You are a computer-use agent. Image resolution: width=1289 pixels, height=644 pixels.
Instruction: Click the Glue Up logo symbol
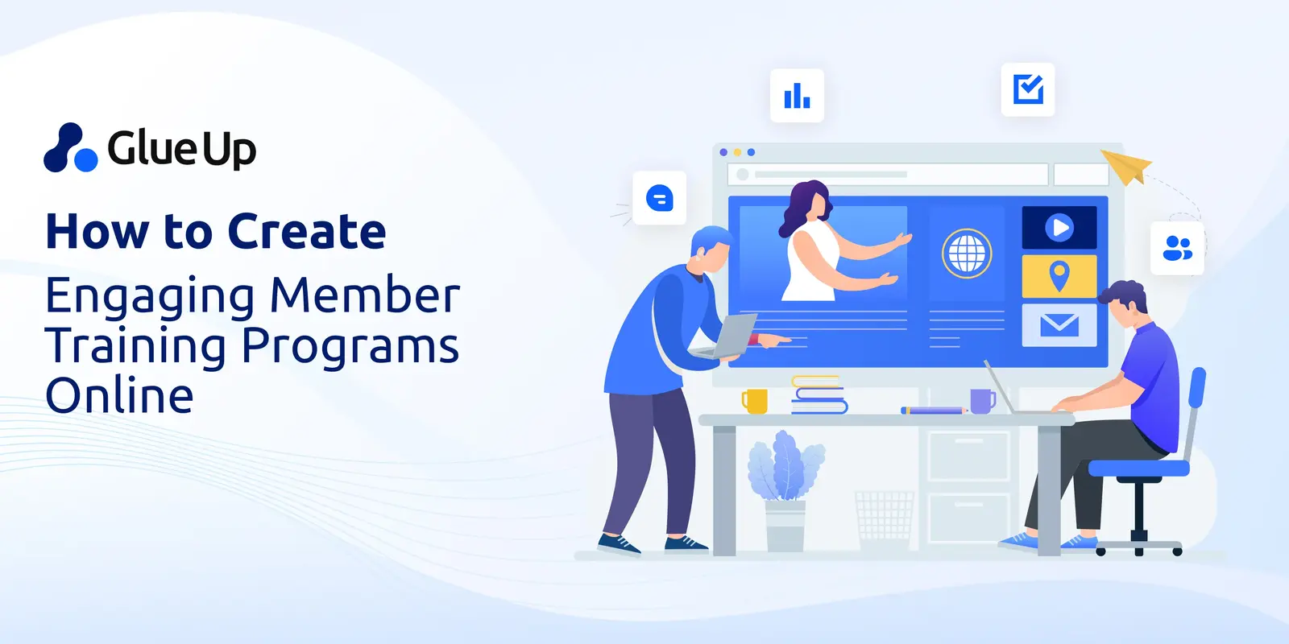click(x=71, y=148)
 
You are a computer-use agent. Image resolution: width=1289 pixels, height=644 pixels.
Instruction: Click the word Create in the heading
click(x=307, y=232)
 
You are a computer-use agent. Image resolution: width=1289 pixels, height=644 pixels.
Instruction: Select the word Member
click(x=365, y=295)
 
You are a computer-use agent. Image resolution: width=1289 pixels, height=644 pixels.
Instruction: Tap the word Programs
click(x=350, y=346)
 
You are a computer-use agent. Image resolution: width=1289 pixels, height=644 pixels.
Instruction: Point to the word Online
click(x=119, y=396)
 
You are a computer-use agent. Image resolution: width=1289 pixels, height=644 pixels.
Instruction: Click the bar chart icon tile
click(x=797, y=96)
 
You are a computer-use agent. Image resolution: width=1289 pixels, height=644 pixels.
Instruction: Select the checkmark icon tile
click(x=1028, y=89)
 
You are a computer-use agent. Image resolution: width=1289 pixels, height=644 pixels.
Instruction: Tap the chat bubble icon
click(x=660, y=198)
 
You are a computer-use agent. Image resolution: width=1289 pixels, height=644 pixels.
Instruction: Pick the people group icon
click(x=1177, y=249)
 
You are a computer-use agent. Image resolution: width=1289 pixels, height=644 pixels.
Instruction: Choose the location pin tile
click(x=1059, y=276)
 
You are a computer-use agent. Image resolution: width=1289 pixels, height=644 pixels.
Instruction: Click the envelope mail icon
click(x=1059, y=324)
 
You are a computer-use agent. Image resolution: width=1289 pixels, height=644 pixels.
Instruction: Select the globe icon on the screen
click(x=967, y=254)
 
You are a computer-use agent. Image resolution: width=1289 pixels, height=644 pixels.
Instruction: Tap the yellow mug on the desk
click(x=755, y=401)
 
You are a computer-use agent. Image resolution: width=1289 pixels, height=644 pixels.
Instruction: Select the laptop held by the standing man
click(x=729, y=336)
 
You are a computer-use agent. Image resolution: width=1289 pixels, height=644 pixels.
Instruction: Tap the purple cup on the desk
click(x=982, y=400)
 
